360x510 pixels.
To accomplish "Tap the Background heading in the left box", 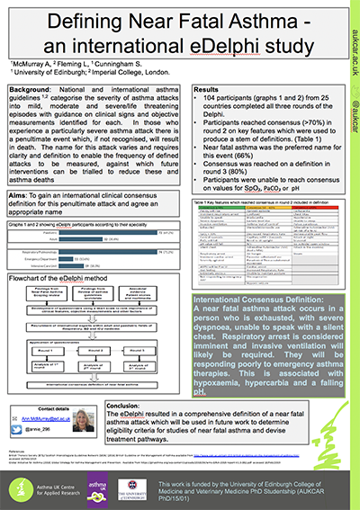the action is click(37, 91).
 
